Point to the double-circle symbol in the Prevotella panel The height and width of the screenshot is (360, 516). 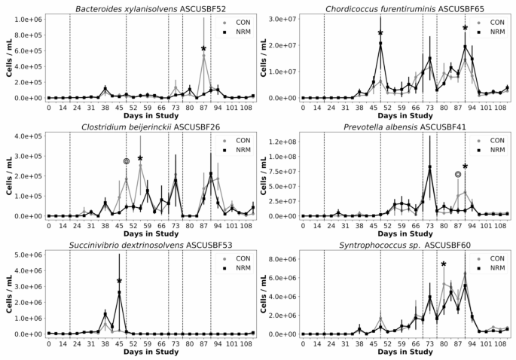coord(457,175)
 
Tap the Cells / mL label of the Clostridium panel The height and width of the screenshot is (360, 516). coord(7,175)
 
